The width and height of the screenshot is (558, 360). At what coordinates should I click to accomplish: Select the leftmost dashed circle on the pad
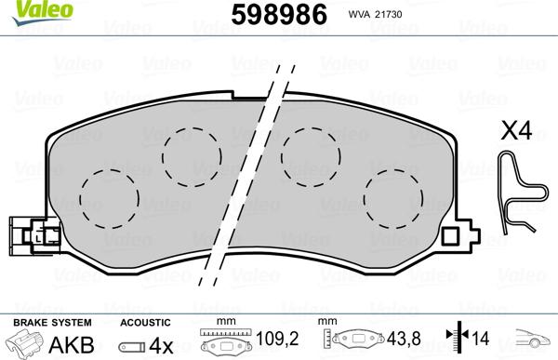pos(109,196)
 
